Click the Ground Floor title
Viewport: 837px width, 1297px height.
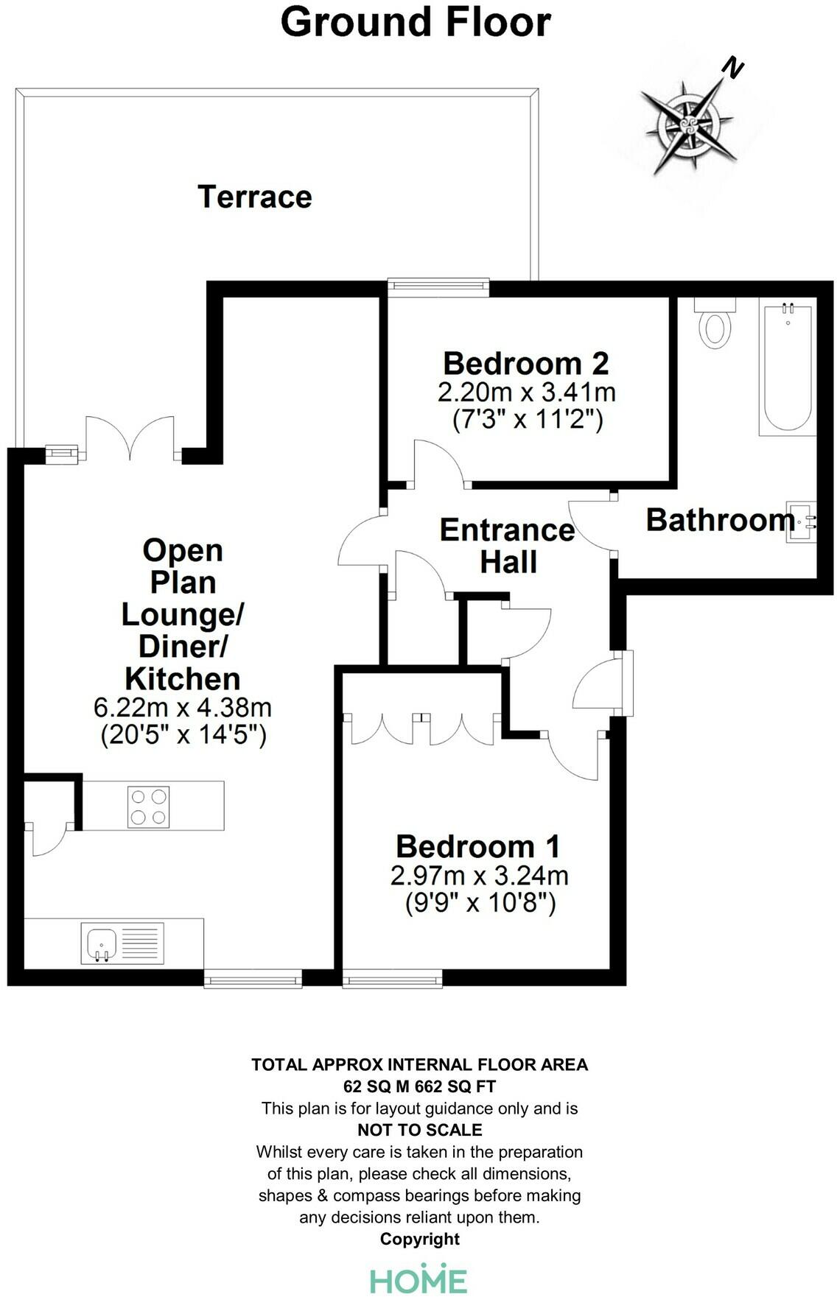[416, 22]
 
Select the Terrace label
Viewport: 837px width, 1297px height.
[255, 197]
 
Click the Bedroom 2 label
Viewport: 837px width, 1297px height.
[526, 363]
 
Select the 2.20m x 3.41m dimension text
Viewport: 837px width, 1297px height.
[526, 392]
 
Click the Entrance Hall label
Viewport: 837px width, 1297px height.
[507, 546]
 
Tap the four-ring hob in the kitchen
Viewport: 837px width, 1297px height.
[148, 806]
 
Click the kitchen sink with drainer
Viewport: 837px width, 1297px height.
[122, 943]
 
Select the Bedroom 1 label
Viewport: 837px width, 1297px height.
[478, 846]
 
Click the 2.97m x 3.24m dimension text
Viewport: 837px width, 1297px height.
[479, 876]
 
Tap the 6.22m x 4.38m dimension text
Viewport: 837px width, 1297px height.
[183, 707]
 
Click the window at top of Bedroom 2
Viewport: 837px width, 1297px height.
[438, 287]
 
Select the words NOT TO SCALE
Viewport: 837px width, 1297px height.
[420, 1130]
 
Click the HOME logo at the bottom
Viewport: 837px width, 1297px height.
[418, 1279]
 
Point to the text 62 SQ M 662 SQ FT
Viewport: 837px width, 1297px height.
[420, 1086]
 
